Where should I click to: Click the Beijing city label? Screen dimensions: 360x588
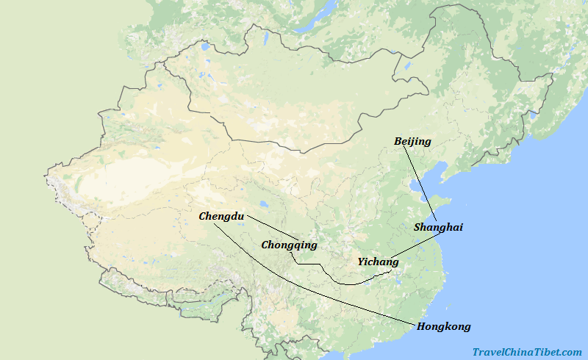(x=412, y=141)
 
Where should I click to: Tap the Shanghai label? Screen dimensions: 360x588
(x=438, y=228)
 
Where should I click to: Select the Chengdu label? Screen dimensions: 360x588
(x=221, y=216)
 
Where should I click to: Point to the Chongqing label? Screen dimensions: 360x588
(x=289, y=245)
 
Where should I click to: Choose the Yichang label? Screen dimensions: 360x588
(x=378, y=262)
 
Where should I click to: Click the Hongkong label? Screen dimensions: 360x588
(x=443, y=326)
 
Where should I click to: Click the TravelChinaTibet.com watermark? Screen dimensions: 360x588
(x=527, y=353)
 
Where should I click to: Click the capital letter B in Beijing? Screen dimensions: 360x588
(x=398, y=141)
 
